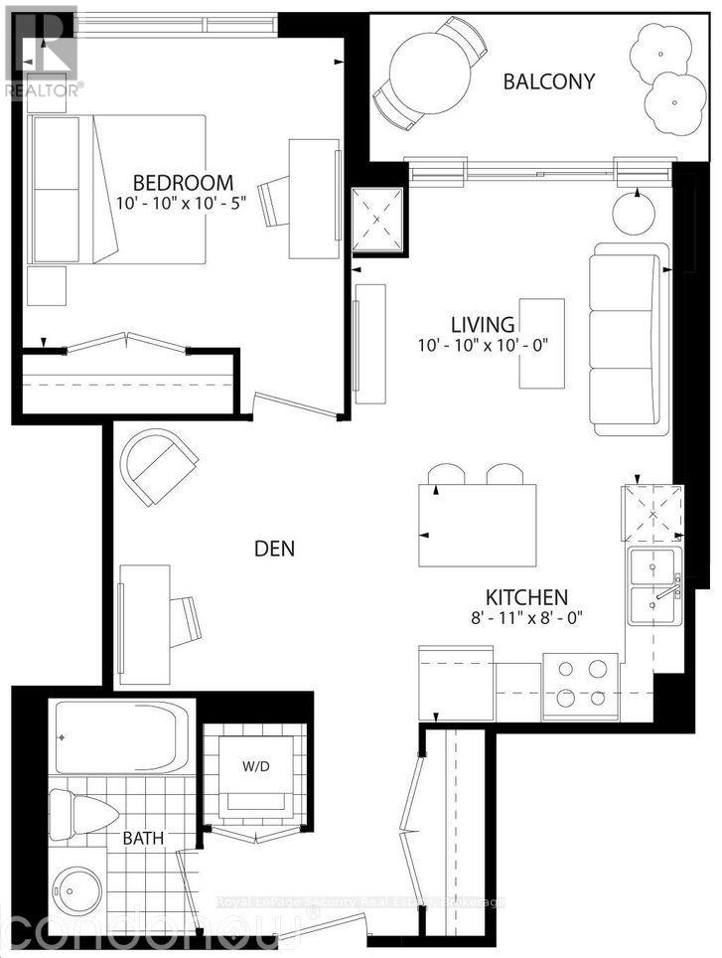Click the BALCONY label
(549, 81)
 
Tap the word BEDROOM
(184, 183)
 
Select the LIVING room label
(483, 324)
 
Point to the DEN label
(275, 548)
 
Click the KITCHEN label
(525, 597)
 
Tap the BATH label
(143, 839)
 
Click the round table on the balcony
(426, 75)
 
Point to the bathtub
(118, 737)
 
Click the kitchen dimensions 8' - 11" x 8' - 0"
(525, 617)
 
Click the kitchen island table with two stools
(478, 525)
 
